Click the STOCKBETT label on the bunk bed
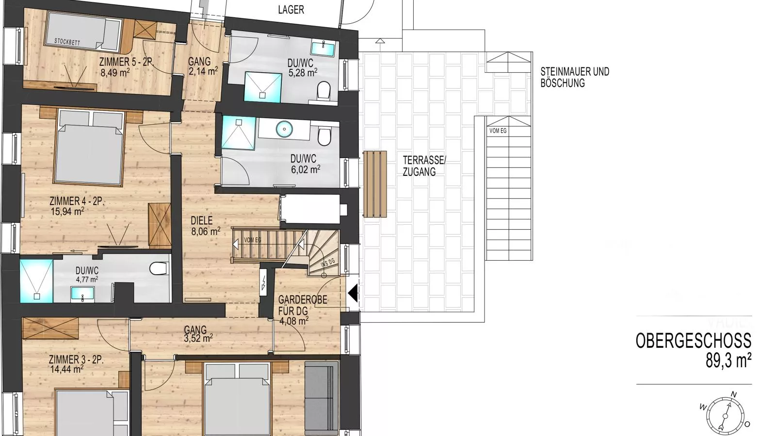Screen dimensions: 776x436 [67, 42]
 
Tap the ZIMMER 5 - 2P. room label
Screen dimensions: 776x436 [126, 62]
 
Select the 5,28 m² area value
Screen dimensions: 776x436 [303, 73]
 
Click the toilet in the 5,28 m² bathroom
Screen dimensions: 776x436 [323, 91]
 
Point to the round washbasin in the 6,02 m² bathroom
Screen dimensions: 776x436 [284, 129]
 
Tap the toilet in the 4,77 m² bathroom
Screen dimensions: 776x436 [159, 268]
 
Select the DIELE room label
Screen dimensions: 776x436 [202, 220]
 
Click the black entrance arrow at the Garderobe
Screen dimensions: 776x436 [353, 294]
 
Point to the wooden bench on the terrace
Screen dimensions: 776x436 [375, 184]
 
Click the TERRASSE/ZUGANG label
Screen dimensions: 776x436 [424, 166]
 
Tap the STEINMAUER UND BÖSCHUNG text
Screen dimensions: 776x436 [575, 78]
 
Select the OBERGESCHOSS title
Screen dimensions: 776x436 [694, 341]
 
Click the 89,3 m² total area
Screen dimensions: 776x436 [728, 361]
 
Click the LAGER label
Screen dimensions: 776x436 [291, 10]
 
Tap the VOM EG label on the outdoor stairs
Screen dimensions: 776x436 [498, 131]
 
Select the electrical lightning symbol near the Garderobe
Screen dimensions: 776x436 [264, 283]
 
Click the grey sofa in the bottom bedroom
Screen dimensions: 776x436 [322, 398]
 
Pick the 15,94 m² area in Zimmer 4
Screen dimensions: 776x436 [67, 211]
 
